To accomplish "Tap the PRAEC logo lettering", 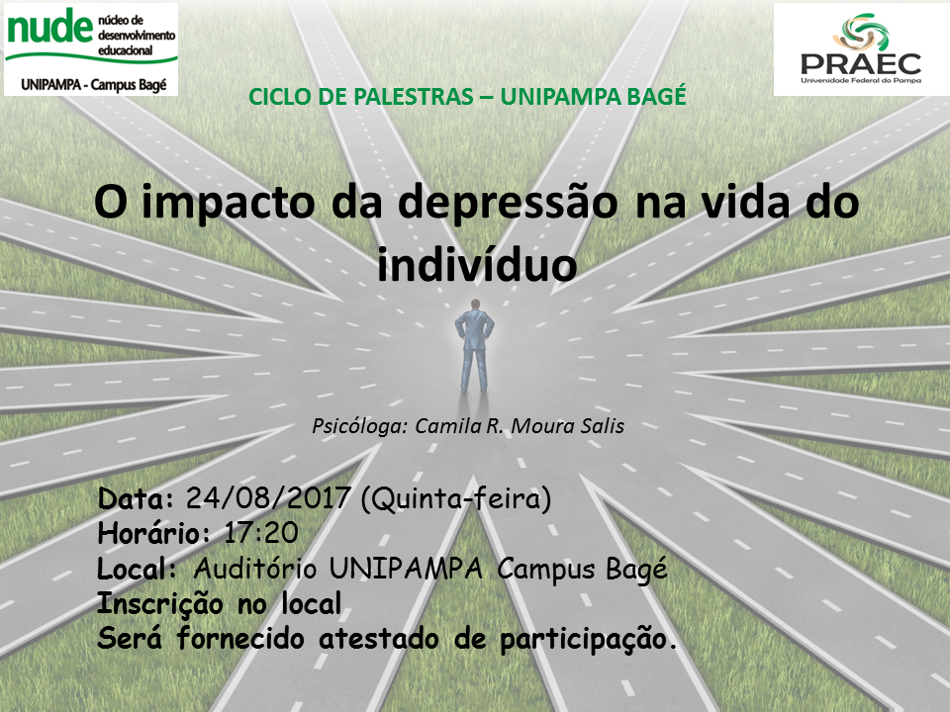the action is pos(861,63).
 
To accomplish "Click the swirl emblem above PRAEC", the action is pos(861,32).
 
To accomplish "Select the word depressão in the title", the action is pos(507,204).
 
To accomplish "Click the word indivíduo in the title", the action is pos(477,265).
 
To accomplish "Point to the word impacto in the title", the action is pos(229,205).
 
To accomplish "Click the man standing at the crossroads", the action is pos(474,346).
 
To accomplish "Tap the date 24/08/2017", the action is pos(268,498).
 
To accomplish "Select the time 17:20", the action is pos(261,533).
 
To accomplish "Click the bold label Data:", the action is pos(136,498).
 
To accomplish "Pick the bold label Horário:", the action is pos(154,533).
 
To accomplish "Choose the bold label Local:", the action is pos(137,569).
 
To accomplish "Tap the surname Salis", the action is pos(602,426).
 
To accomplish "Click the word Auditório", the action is pos(255,569).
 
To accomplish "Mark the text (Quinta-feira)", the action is pos(455,498).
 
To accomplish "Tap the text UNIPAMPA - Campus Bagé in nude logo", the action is pos(93,84).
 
